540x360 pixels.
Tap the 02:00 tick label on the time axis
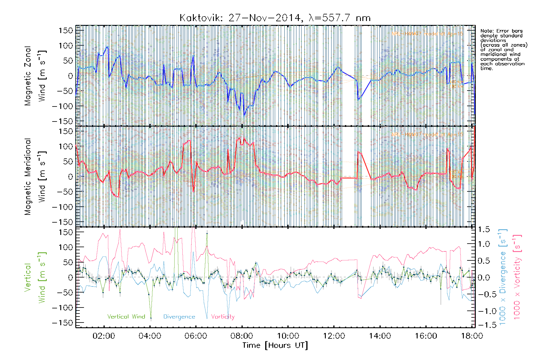pos(103,336)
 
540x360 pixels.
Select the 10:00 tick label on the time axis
pos(288,336)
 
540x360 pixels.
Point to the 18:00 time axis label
pos(472,336)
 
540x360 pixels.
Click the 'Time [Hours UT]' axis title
pos(275,345)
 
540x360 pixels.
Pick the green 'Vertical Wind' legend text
pos(126,317)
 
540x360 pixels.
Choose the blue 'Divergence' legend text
pos(179,317)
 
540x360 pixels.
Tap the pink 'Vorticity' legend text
pos(223,317)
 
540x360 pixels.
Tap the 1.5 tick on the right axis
pos(484,229)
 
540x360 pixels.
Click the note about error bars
pos(503,49)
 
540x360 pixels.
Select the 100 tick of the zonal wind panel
pos(66,46)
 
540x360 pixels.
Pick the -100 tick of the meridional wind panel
pos(63,207)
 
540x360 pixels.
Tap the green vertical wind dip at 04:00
pos(151,318)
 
